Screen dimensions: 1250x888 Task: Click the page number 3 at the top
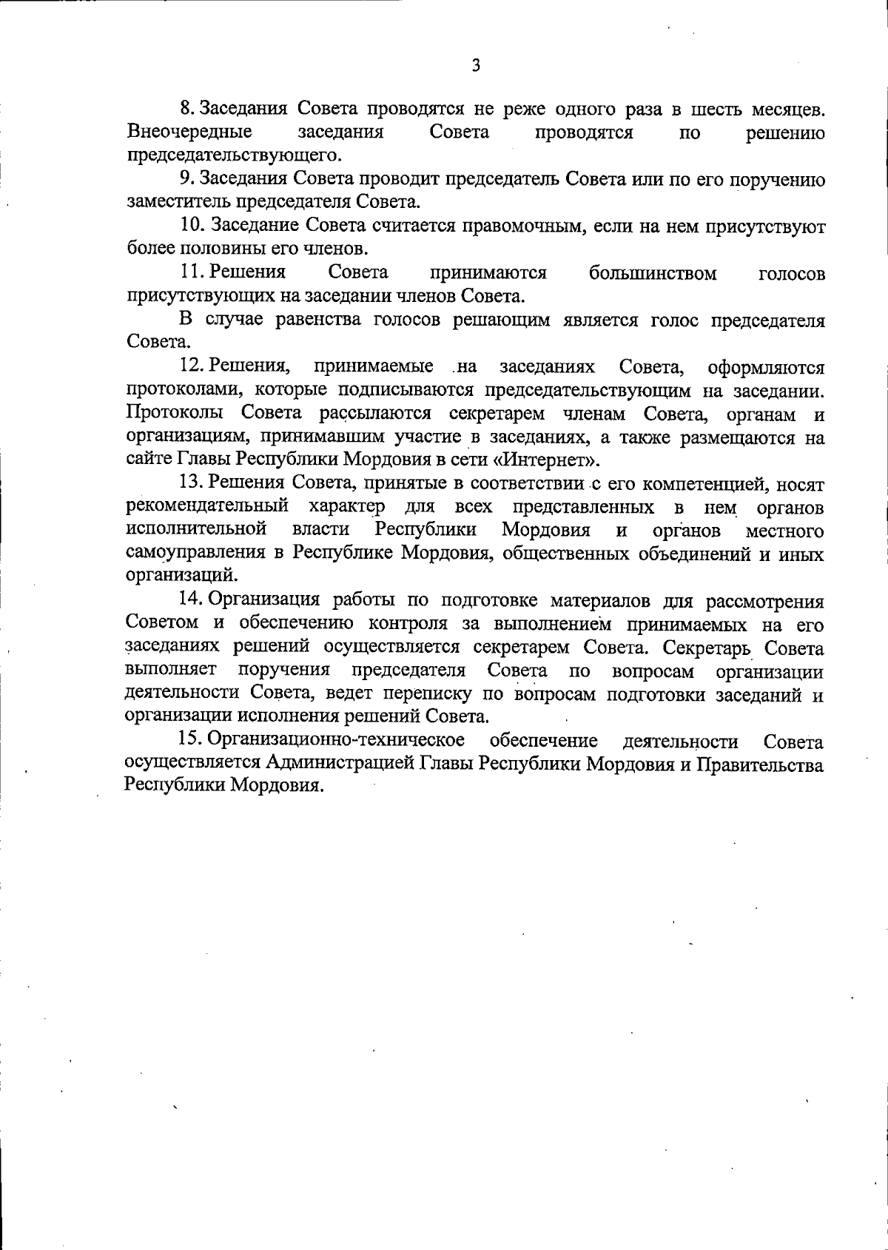pyautogui.click(x=476, y=66)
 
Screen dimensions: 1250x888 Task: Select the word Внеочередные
pyautogui.click(x=189, y=132)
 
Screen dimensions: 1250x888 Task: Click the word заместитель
pyautogui.click(x=179, y=202)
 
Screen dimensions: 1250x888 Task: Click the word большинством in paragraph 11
pyautogui.click(x=653, y=273)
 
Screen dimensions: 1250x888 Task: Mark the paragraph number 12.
pyautogui.click(x=192, y=366)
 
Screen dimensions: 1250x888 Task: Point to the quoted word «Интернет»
pyautogui.click(x=545, y=460)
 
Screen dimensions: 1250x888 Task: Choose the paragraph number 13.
pyautogui.click(x=192, y=483)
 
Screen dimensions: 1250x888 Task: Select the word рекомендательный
pyautogui.click(x=207, y=507)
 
